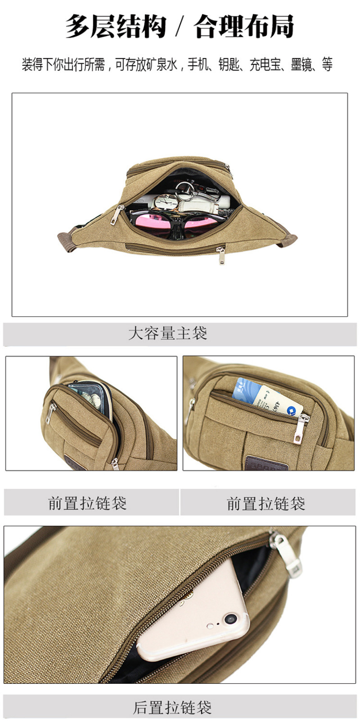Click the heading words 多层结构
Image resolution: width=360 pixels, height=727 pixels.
click(116, 26)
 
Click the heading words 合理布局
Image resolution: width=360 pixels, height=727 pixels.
click(243, 26)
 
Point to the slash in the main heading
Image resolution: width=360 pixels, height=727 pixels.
click(180, 27)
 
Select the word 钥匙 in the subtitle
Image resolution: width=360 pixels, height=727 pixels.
click(229, 64)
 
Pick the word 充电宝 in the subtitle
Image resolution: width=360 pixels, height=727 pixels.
click(265, 64)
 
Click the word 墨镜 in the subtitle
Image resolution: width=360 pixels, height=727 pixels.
click(301, 64)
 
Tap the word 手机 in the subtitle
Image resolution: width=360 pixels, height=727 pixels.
click(198, 64)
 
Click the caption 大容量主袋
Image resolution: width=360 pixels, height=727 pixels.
click(168, 333)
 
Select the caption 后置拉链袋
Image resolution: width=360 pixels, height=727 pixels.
click(172, 708)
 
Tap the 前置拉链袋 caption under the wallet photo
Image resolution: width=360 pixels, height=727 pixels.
click(87, 503)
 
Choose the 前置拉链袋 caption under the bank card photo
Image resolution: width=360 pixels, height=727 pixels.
click(265, 503)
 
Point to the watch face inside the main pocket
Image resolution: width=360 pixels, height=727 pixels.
click(166, 203)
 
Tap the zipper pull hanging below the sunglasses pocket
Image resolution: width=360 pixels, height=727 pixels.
click(221, 255)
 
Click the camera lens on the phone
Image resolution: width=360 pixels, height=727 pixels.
click(230, 619)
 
